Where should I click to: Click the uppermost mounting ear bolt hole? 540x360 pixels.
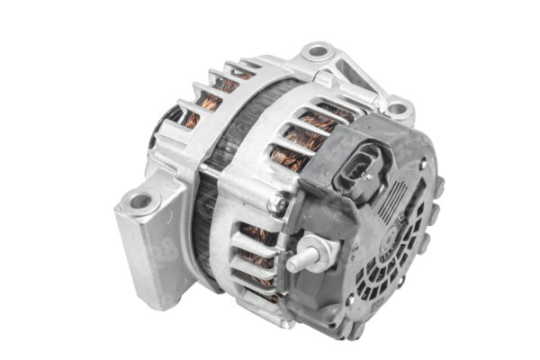point(316,51)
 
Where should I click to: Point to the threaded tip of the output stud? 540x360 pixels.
point(295,265)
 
